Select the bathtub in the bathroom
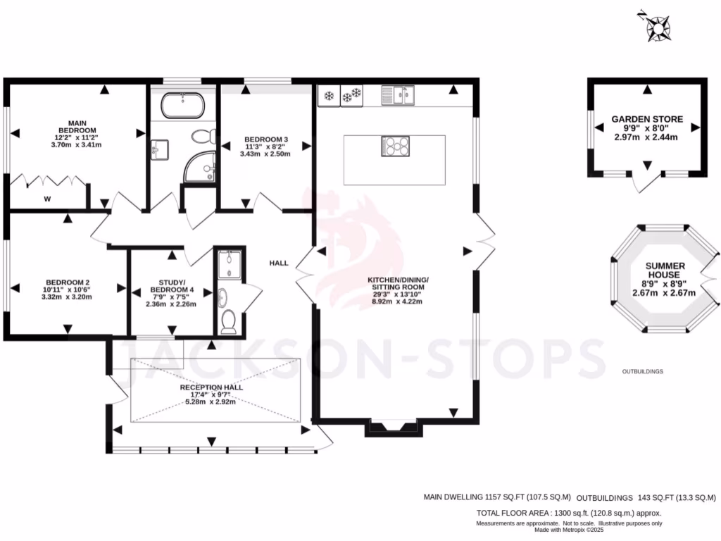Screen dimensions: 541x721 pos(183,106)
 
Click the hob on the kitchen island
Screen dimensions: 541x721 pos(395,146)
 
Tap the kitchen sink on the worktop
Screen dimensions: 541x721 pos(401,94)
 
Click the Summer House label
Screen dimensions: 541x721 pos(663,278)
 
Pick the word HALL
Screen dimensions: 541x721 pos(279,263)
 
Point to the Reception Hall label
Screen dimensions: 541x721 pos(211,394)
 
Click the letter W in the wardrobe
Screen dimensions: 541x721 pos(47,199)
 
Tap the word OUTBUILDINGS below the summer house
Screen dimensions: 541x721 pos(642,371)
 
